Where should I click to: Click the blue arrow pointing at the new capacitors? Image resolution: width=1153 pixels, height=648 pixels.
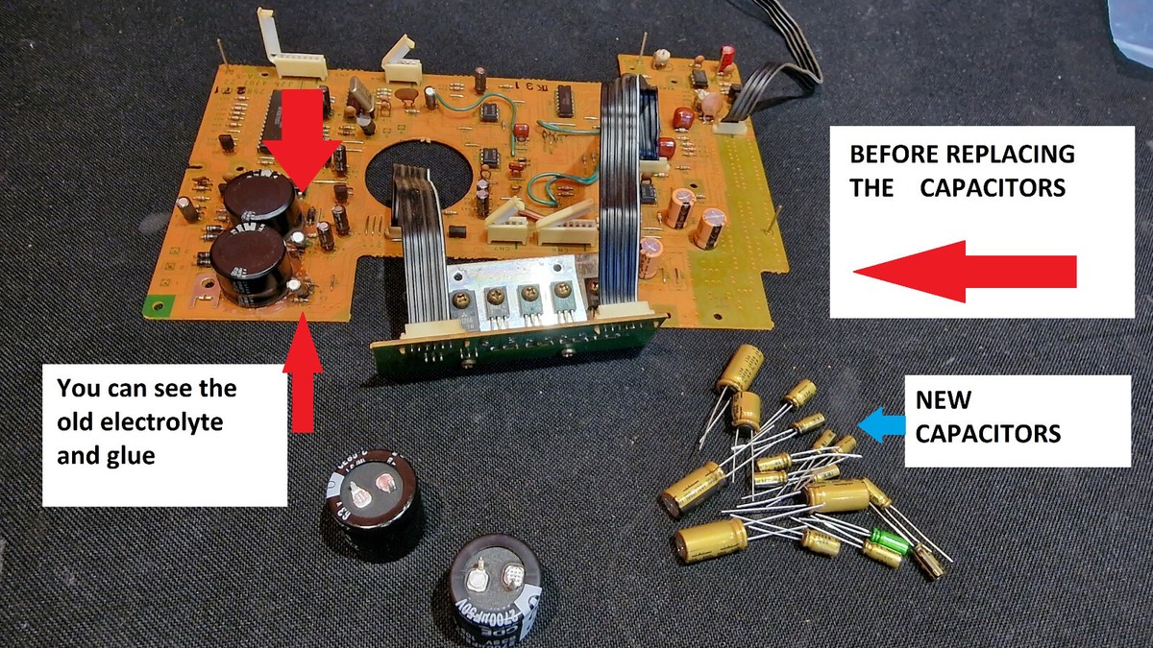[x=880, y=423]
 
